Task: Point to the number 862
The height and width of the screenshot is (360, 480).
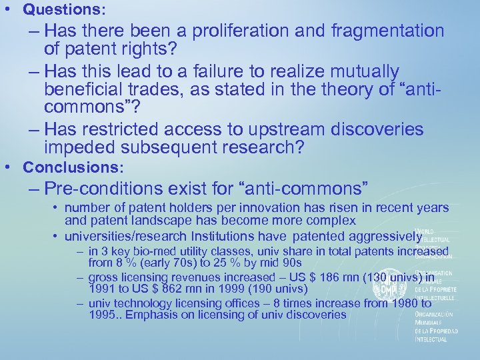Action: (x=170, y=290)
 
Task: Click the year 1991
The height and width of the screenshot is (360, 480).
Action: (x=103, y=290)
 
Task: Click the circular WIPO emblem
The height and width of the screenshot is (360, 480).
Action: (x=385, y=290)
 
